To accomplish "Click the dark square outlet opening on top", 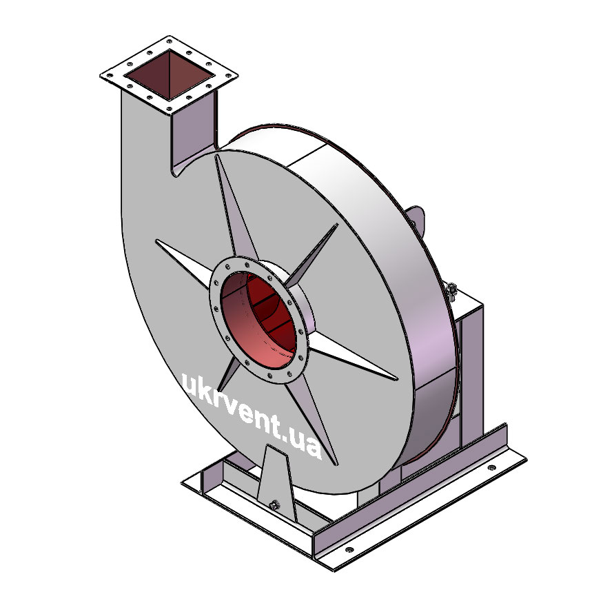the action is [170, 75].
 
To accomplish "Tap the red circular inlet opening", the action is [259, 319].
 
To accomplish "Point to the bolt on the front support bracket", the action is [274, 504].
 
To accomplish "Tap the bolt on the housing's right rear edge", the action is [451, 289].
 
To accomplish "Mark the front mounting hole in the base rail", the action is [349, 549].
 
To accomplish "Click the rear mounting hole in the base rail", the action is [491, 468].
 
